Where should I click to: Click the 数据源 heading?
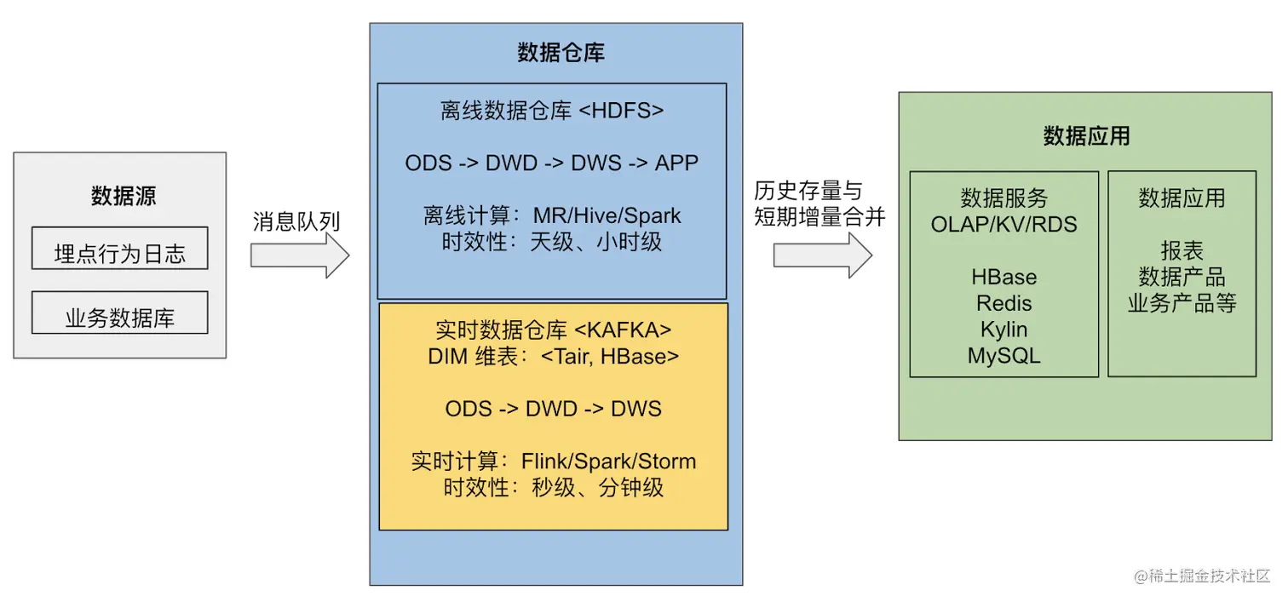(x=124, y=196)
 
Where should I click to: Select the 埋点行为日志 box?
(x=119, y=249)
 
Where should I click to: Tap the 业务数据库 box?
(x=119, y=312)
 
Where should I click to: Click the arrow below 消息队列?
(x=300, y=255)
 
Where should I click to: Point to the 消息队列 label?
(x=296, y=221)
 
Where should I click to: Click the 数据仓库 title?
(x=561, y=52)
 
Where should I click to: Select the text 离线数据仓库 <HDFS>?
(x=552, y=111)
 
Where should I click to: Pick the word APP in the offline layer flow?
(x=676, y=163)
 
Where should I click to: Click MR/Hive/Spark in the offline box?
(x=607, y=216)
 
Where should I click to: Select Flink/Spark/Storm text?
(x=608, y=462)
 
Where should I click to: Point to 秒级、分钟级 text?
(x=597, y=488)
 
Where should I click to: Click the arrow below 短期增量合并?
(x=823, y=255)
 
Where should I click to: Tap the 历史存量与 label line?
(x=808, y=191)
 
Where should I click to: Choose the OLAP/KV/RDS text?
(x=1004, y=225)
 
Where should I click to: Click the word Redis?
(x=1004, y=304)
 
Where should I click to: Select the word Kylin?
(x=1004, y=330)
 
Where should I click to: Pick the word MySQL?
(x=1004, y=356)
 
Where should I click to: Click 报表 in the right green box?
(x=1182, y=250)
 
